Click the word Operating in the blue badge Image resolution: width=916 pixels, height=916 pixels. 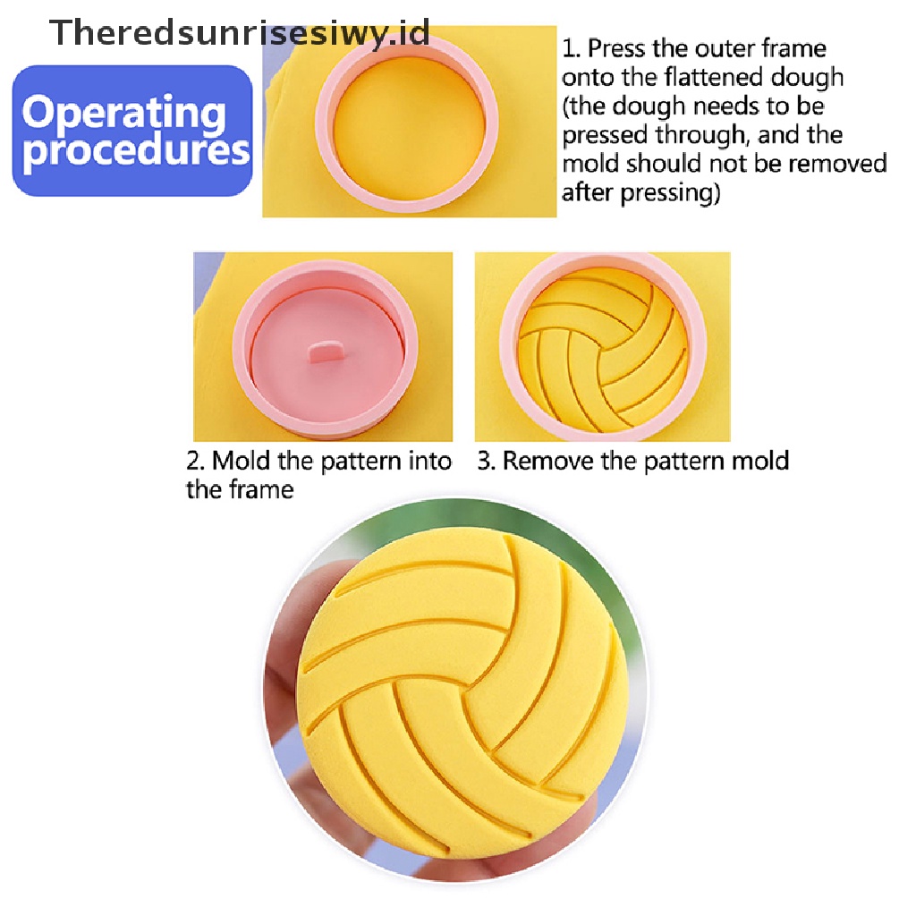coord(124,114)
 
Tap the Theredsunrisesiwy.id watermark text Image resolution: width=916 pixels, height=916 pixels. coord(240,33)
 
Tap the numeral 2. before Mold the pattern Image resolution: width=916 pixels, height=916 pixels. coord(195,462)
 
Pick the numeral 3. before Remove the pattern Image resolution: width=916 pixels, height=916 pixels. coord(485,462)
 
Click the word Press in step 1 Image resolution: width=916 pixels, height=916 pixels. coord(616,47)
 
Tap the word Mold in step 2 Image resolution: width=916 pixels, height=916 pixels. coord(241,462)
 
